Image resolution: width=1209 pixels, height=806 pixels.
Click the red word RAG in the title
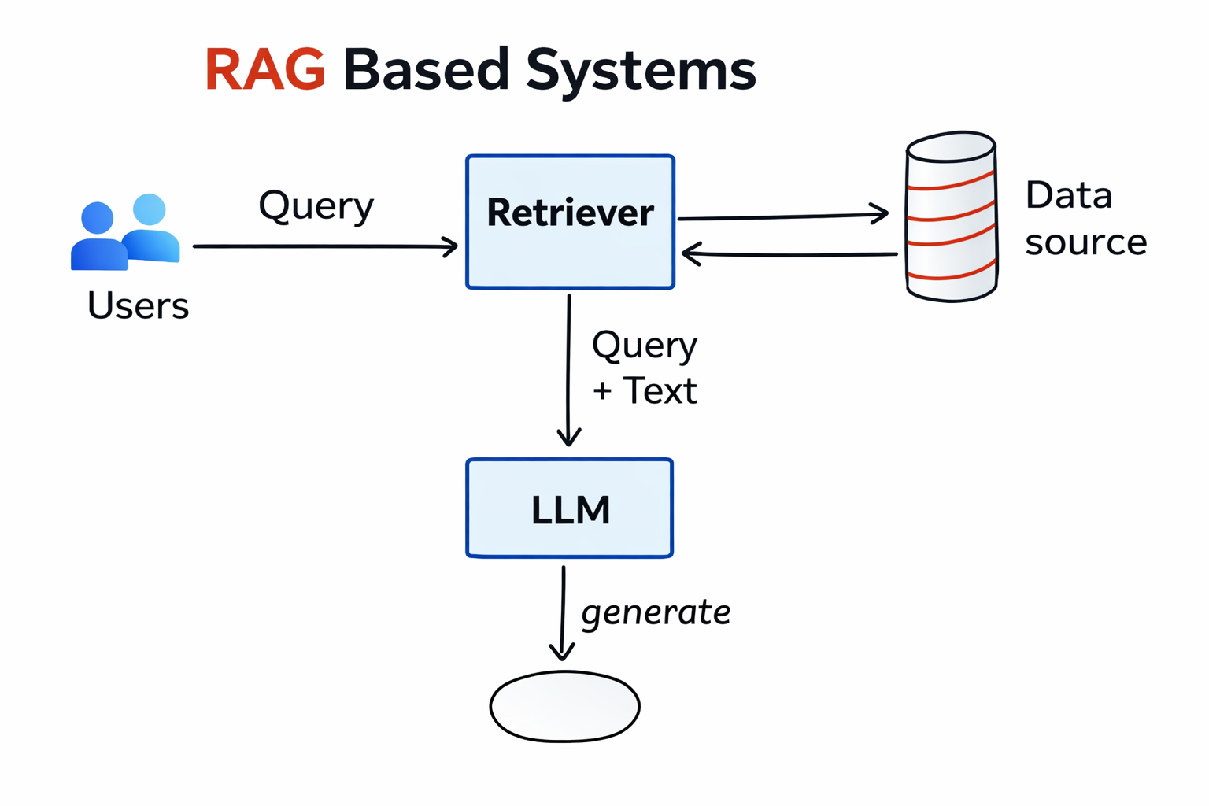point(264,70)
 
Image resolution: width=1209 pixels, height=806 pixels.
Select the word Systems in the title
point(641,71)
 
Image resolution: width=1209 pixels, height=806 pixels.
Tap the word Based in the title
point(426,70)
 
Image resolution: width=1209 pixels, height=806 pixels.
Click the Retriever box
point(570,222)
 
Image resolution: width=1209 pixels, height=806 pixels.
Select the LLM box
point(569,508)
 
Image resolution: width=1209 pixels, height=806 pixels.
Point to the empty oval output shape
point(564,706)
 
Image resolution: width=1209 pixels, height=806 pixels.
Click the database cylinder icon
point(952,217)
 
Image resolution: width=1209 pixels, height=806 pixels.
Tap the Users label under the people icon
point(138,305)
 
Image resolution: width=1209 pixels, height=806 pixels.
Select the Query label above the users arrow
point(316,206)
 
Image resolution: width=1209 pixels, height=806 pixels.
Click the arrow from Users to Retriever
point(324,246)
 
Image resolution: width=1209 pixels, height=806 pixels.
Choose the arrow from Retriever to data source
point(782,216)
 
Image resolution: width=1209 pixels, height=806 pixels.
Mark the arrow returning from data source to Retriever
point(789,254)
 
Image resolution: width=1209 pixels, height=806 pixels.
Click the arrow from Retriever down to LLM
point(568,370)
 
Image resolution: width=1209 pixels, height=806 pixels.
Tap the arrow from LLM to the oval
point(563,613)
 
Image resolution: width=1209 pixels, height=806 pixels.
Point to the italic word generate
point(656,612)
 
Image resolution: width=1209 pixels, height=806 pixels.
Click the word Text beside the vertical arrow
point(660,391)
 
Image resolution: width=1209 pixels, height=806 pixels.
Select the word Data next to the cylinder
point(1068,195)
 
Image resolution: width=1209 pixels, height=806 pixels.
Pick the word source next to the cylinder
point(1085,242)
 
